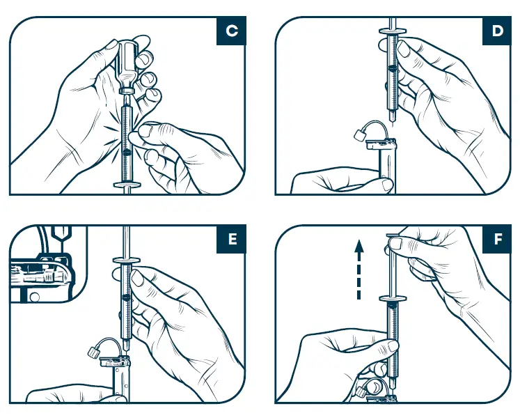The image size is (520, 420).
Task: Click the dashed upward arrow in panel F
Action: coord(359,269)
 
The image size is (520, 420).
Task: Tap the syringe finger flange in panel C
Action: coord(126,185)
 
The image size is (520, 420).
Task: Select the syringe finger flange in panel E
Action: coord(126,260)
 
